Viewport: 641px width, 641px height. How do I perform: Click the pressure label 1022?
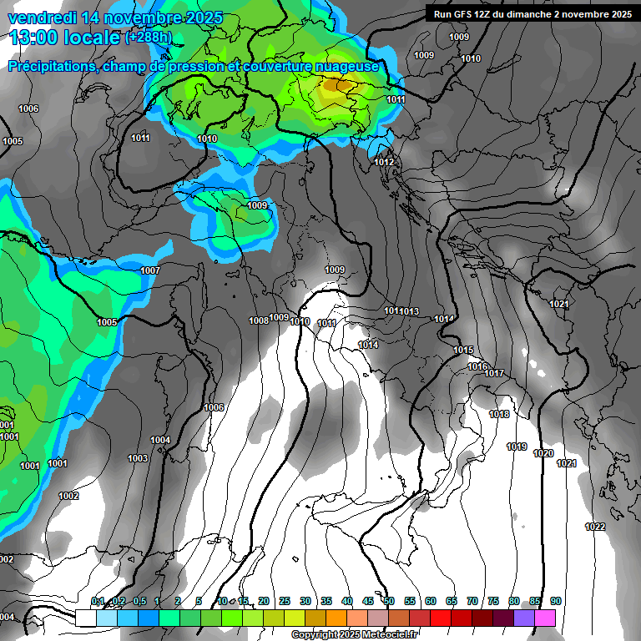pos(595,527)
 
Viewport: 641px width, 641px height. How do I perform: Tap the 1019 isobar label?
pos(517,447)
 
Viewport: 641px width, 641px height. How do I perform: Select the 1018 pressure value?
pos(499,414)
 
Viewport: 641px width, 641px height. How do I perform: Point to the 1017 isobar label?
pos(494,373)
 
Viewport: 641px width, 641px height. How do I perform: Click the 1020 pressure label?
pos(543,453)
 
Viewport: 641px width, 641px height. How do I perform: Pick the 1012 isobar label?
pos(385,162)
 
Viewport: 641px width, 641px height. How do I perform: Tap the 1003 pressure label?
pos(138,458)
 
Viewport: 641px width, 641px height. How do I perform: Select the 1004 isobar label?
pos(160,440)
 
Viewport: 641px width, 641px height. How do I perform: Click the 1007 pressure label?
pos(150,270)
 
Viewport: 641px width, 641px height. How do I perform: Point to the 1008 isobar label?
pos(259,320)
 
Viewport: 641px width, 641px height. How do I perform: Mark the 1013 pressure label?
pos(410,311)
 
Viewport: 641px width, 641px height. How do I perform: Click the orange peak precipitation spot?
pos(338,84)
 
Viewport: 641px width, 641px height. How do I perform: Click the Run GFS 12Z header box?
pos(532,13)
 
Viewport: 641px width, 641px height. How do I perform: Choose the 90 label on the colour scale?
pos(556,601)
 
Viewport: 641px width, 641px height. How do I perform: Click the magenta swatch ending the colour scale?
pos(545,618)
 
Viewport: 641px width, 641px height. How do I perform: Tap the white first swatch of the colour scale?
pos(86,618)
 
